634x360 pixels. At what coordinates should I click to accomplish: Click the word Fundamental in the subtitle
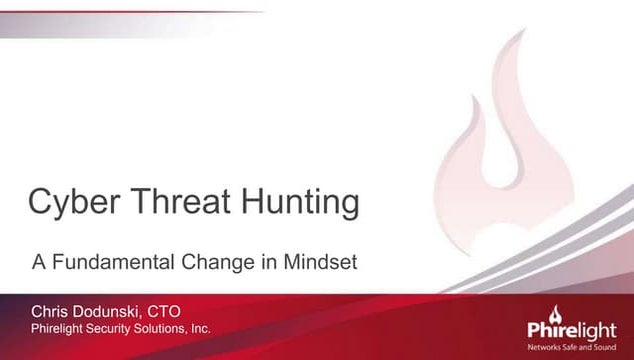point(109,264)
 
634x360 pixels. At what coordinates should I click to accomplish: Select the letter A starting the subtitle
point(36,264)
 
